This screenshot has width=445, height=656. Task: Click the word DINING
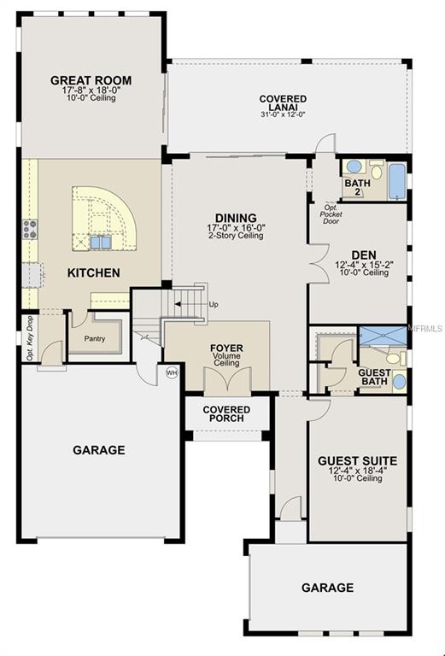[236, 218]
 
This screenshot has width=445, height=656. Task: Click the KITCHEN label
[94, 272]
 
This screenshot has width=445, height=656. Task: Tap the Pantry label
[94, 338]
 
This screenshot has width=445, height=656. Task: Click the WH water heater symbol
[171, 372]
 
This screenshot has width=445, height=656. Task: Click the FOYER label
[226, 348]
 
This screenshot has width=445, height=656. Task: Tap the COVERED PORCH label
[227, 413]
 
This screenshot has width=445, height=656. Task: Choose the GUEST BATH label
[374, 378]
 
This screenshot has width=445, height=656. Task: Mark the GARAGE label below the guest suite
[327, 588]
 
